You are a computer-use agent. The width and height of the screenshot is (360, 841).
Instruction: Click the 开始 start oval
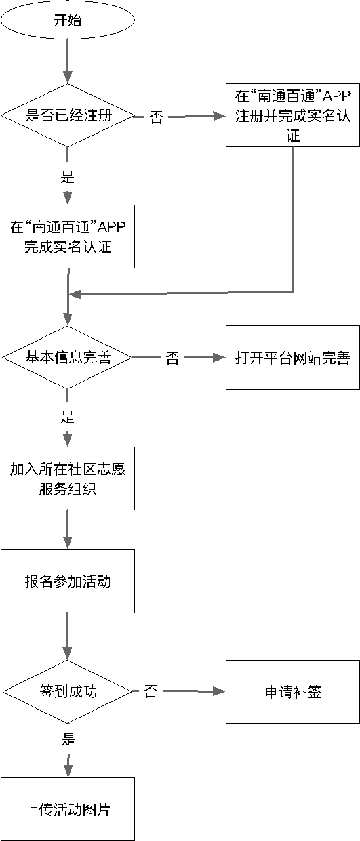tap(67, 21)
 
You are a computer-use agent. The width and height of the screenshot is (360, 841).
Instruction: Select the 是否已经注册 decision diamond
tap(67, 115)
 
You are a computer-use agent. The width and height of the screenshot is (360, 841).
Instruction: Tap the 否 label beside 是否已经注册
tap(156, 117)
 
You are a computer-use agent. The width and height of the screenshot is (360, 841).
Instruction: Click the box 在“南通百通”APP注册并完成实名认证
tap(292, 115)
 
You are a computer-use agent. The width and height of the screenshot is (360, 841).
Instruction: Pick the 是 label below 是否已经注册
tap(67, 178)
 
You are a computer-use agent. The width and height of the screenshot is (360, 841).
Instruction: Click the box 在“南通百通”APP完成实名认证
tap(67, 236)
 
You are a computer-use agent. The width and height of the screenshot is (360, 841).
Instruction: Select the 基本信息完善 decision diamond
tap(67, 357)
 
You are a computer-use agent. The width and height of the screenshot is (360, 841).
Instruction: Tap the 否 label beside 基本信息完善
tap(173, 357)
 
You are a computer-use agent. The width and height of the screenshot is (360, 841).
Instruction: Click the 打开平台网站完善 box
tap(292, 357)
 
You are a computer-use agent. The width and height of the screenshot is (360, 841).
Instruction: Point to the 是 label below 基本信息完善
tap(67, 417)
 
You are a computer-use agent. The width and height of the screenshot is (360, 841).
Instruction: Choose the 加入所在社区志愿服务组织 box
tap(67, 478)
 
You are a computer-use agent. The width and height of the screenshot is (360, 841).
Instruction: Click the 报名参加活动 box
tap(67, 581)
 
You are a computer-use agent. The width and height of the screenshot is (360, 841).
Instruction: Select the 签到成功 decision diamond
tap(67, 692)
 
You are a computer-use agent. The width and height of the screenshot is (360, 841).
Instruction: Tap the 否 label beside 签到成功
tap(151, 692)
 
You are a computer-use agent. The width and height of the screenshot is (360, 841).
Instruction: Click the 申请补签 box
tap(292, 692)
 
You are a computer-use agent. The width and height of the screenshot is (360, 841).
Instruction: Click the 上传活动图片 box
tap(67, 809)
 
